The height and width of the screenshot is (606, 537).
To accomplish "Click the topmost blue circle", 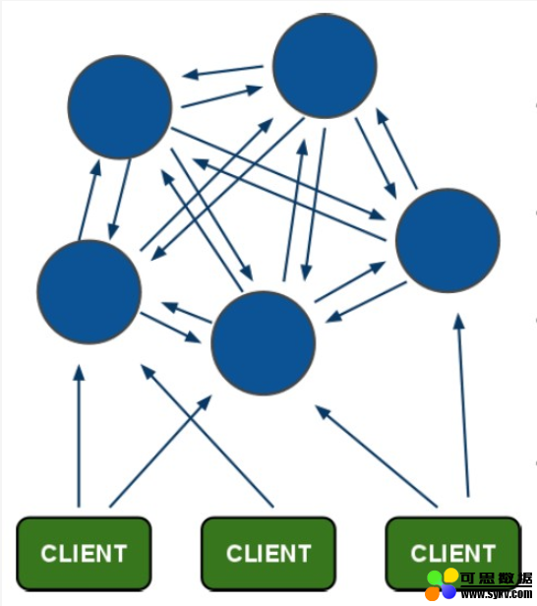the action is point(325,66).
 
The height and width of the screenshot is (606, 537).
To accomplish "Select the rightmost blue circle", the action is point(447,240).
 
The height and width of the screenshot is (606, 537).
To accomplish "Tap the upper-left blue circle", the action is point(120,106).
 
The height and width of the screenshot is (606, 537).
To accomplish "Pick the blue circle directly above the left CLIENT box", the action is point(89,292).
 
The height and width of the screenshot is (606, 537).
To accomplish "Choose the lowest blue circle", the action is point(264,343).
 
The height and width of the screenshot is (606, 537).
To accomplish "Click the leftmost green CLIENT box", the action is point(84,554).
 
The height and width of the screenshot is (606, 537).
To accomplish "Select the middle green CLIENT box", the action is point(268,554).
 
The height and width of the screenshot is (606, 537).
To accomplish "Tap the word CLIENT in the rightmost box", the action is point(453,554).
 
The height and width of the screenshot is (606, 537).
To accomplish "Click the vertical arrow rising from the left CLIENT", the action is point(79,436).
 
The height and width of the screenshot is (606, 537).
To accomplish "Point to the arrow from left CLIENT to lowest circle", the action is point(160,451).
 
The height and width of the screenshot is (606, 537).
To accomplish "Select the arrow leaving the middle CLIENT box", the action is point(207,436).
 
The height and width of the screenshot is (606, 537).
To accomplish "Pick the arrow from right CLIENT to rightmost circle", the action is point(463,405).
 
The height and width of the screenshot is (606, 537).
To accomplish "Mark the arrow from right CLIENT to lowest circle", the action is point(376,456).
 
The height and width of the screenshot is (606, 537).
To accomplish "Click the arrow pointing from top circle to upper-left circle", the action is point(222,71).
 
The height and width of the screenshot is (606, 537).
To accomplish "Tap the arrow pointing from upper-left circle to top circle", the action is point(221,96).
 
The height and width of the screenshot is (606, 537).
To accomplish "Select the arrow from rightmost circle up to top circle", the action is point(396,149).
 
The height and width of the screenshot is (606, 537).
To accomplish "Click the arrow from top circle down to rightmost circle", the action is point(376,158).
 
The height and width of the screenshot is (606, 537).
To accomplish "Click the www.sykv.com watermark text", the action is point(497,593).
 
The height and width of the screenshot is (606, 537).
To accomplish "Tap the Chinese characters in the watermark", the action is point(497,578).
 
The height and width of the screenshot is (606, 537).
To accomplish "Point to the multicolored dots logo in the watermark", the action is point(442,584).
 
